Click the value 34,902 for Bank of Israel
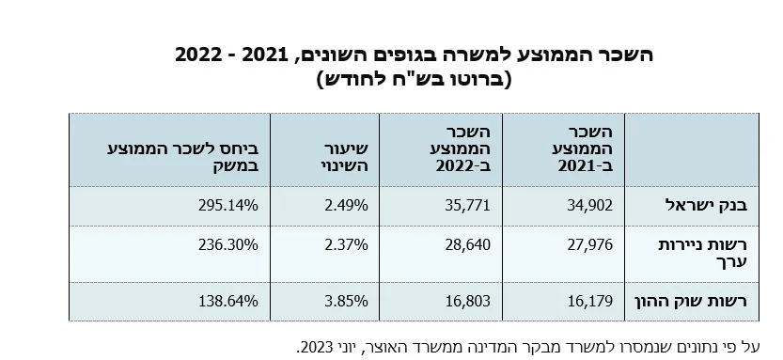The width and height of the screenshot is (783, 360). (589, 205)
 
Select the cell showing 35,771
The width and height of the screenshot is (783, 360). (467, 205)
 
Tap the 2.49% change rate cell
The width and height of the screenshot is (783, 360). (346, 205)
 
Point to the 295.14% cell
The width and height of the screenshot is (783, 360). (228, 205)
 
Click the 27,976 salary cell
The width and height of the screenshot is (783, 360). (589, 244)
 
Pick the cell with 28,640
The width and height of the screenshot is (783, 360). (467, 244)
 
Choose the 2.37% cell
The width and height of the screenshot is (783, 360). (346, 244)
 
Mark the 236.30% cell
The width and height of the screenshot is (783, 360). (228, 244)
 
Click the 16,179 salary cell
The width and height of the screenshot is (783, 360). (589, 301)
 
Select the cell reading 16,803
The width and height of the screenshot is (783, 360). (468, 301)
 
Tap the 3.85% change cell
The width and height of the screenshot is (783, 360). (346, 301)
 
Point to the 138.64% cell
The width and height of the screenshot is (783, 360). (228, 301)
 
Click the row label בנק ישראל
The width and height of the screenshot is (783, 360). (707, 205)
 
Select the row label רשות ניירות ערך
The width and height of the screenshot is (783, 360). (704, 253)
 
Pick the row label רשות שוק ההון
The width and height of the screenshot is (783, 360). (691, 301)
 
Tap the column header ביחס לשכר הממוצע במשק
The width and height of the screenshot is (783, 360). (183, 157)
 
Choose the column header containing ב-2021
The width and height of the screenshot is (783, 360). (586, 149)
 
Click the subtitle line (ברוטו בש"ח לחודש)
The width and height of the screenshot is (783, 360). (415, 79)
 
